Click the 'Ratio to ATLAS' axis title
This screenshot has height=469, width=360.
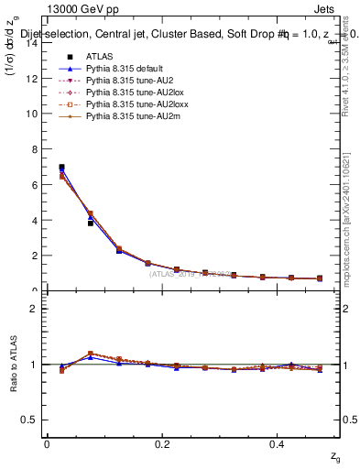(13, 364)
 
